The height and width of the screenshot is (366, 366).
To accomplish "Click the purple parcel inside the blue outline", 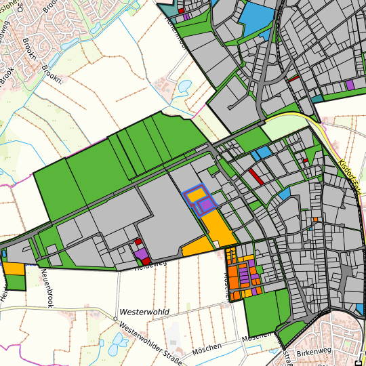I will pos(205,206).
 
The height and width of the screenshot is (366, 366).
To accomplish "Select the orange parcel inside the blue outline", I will pos(197,195).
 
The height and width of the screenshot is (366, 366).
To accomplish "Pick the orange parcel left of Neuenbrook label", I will pos(14,268).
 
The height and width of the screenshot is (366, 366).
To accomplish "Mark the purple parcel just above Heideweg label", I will pos(142,253).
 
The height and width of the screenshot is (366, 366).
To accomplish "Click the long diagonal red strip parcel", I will pos(256,176).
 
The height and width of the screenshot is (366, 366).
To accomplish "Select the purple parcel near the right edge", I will pos(350,85).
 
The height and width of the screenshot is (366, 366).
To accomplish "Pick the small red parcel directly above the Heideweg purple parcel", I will pos(138,241).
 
